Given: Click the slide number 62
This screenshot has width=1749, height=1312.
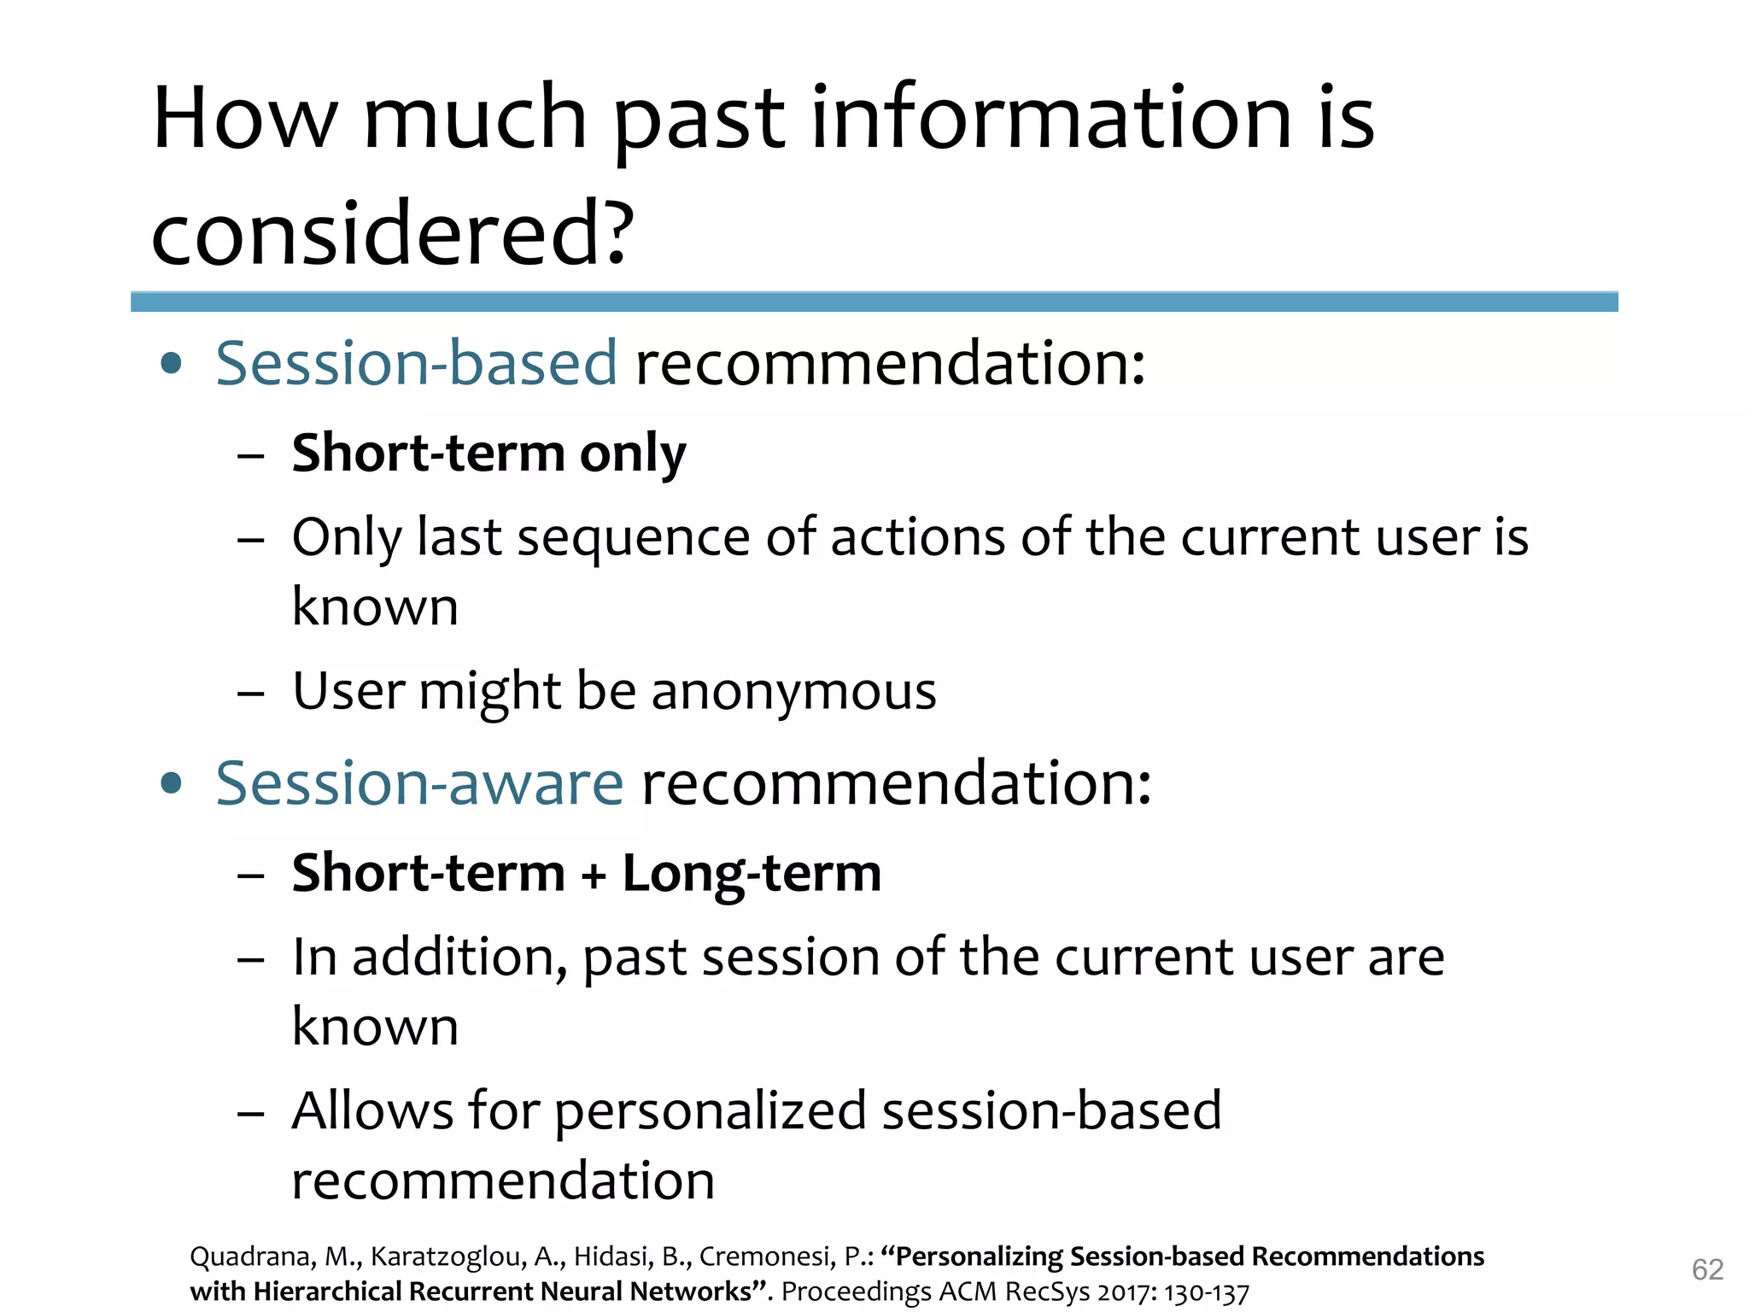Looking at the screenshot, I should pos(1707,1269).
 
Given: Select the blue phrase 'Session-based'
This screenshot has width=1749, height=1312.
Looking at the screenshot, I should pos(416,363).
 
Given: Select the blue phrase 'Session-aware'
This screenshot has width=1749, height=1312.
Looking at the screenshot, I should pos(419,783).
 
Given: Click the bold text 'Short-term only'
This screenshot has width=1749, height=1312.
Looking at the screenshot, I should pos(488,453).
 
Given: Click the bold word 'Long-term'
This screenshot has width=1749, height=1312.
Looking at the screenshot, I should pos(752,873).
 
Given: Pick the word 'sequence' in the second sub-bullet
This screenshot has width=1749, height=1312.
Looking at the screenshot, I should pos(633,538).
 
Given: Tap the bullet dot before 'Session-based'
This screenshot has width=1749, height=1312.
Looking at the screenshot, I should pos(172,364).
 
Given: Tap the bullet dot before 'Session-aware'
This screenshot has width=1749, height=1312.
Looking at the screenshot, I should pos(172,783).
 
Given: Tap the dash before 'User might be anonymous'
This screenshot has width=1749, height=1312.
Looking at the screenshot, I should pos(251,692).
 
